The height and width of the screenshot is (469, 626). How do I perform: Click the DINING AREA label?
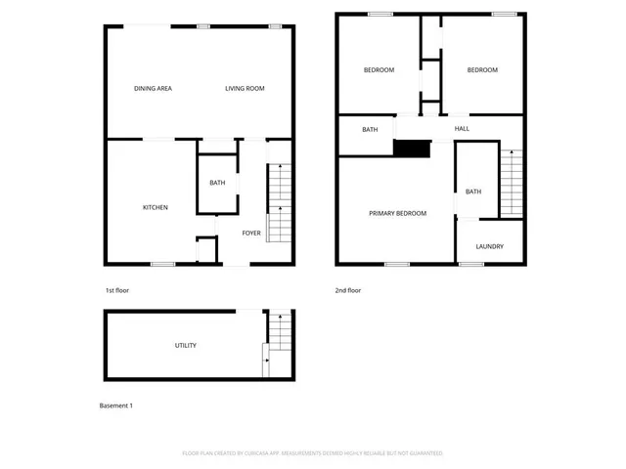click(x=154, y=89)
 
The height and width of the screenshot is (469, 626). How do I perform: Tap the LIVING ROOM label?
click(x=245, y=89)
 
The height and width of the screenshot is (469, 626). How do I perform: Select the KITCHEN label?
click(x=156, y=207)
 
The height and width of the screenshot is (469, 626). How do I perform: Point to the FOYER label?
click(x=251, y=233)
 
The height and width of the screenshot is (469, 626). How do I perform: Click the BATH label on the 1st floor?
click(x=217, y=183)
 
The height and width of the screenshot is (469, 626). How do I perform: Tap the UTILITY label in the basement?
click(x=186, y=345)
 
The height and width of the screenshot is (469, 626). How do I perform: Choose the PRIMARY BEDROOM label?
click(x=397, y=213)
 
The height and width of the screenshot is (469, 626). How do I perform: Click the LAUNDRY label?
click(x=490, y=246)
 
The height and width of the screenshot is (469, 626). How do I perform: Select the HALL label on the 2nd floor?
click(x=462, y=128)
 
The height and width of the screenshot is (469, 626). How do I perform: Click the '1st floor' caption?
click(x=117, y=290)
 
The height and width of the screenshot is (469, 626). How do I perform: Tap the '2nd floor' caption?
click(x=349, y=290)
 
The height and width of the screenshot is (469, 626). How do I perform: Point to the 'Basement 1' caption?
click(x=116, y=405)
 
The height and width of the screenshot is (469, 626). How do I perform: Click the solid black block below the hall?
click(x=412, y=149)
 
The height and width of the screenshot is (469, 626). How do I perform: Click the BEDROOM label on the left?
click(x=379, y=70)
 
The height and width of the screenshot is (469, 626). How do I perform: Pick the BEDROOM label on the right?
click(x=481, y=70)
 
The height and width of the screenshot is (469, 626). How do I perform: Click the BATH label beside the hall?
click(x=370, y=130)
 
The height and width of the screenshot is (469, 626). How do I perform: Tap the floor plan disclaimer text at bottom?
click(x=313, y=453)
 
